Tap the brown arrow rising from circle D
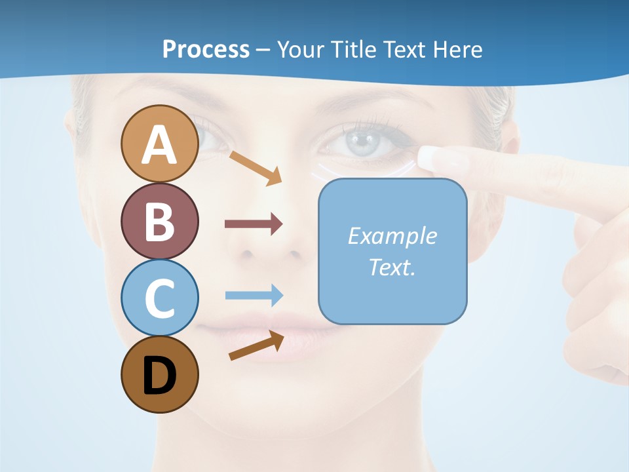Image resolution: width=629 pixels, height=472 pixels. tap(256, 345)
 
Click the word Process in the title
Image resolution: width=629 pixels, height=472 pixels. tap(206, 49)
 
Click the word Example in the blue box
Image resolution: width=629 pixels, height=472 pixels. tap(392, 236)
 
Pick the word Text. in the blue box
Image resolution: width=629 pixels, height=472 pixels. tap(392, 267)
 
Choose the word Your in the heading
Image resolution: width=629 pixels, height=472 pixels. tap(300, 49)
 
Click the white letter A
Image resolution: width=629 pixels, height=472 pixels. tap(160, 146)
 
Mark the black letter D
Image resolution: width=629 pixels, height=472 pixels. tap(160, 376)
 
